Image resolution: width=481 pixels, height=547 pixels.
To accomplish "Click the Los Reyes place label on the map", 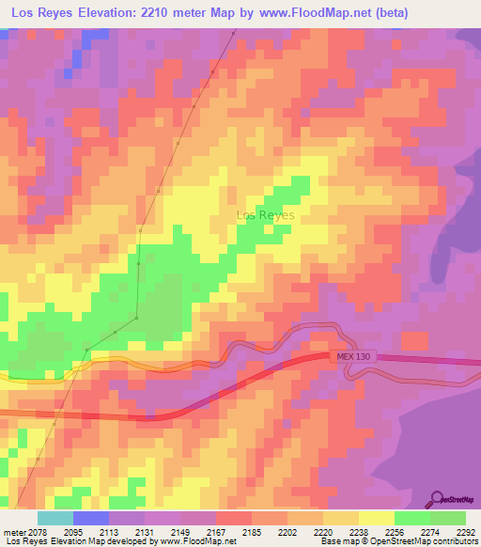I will pos(265,215).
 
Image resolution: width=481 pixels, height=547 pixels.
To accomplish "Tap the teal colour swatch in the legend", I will pos(55,519).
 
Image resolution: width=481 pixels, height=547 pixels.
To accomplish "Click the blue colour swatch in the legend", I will pos(91,519).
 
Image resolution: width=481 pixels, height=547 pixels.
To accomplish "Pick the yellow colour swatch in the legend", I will pos(376,519).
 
